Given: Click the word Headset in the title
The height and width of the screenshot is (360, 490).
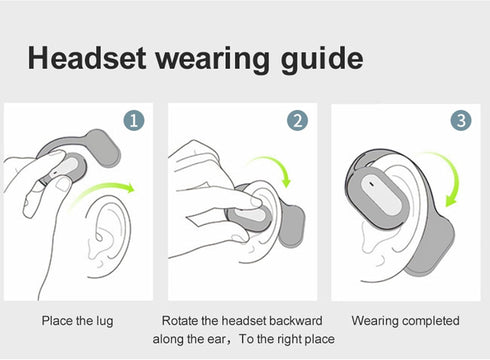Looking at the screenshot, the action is coord(87,58).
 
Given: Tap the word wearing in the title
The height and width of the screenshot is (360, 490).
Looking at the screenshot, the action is coord(213,60).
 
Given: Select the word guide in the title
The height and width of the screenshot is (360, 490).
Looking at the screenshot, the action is coord(322,59).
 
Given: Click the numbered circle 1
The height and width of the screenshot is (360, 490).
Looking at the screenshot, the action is coord(134,120).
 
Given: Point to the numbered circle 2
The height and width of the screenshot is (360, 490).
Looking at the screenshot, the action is coord(297,120).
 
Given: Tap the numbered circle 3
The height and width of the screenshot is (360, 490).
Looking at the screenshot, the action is coord(461,120).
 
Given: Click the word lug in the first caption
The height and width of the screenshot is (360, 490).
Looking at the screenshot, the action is coord(105,321).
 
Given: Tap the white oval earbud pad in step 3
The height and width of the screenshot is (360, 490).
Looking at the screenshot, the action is coord(380,194).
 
